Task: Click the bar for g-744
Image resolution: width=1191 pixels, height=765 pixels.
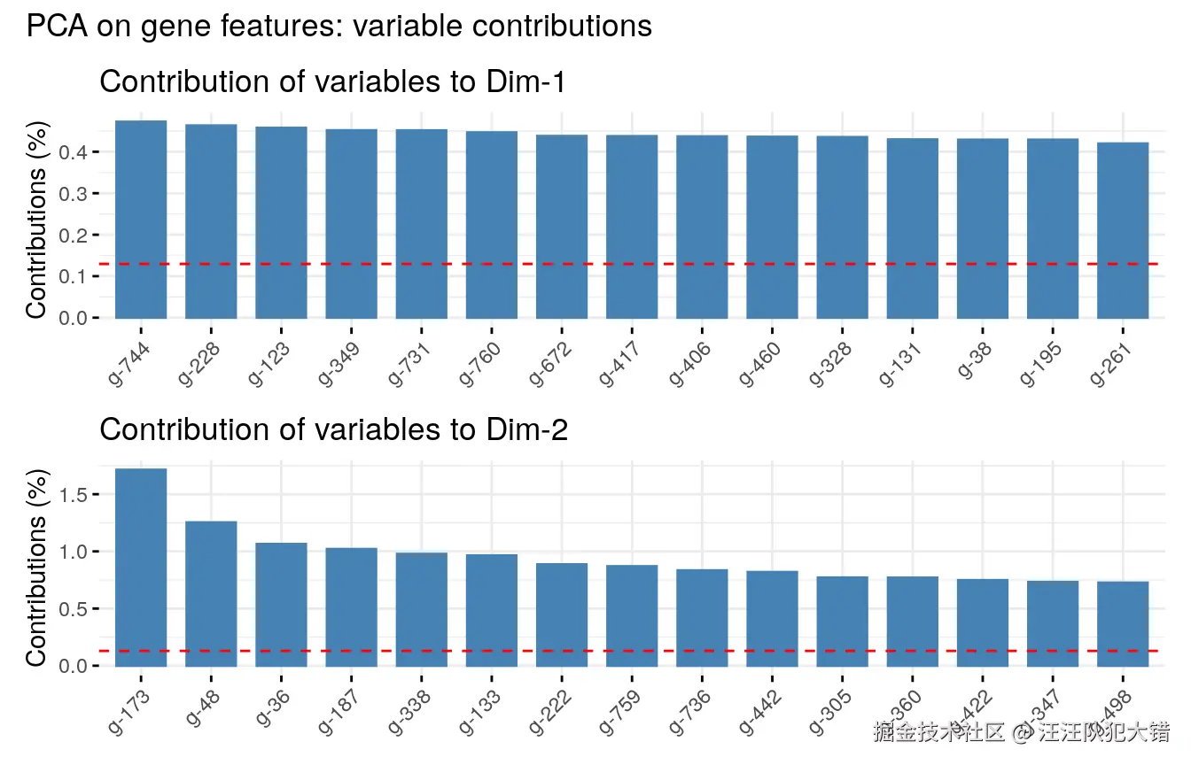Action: click(141, 219)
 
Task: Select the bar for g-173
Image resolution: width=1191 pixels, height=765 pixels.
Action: click(141, 567)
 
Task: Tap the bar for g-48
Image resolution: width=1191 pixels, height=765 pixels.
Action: click(211, 593)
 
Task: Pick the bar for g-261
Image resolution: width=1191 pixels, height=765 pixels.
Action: click(1123, 230)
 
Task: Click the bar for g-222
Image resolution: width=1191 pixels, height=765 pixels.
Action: click(562, 614)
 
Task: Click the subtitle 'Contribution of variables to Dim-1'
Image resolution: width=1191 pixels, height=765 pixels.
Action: click(332, 81)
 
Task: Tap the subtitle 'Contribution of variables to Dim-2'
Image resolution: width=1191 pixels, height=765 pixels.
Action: click(333, 429)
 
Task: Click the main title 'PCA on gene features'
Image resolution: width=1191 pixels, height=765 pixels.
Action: click(339, 27)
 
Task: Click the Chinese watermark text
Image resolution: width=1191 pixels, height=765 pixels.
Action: click(1022, 732)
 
